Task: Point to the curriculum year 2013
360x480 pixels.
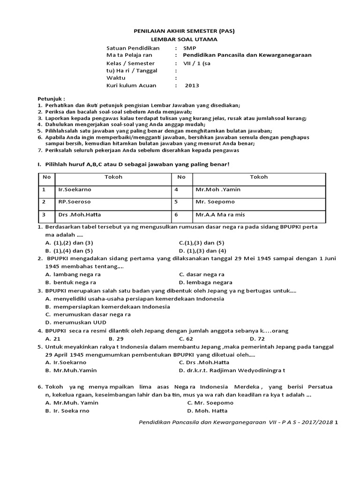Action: pyautogui.click(x=192, y=85)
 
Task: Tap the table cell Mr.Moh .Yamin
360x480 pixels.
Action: pyautogui.click(x=217, y=190)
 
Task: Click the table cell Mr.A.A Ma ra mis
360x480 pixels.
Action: pyautogui.click(x=219, y=215)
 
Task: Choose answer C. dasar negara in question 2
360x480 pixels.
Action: pyautogui.click(x=202, y=274)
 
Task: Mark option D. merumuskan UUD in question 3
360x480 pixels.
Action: pyautogui.click(x=76, y=322)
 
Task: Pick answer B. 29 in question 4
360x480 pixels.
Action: pyautogui.click(x=116, y=338)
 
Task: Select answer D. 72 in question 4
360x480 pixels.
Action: pyautogui.click(x=257, y=338)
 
